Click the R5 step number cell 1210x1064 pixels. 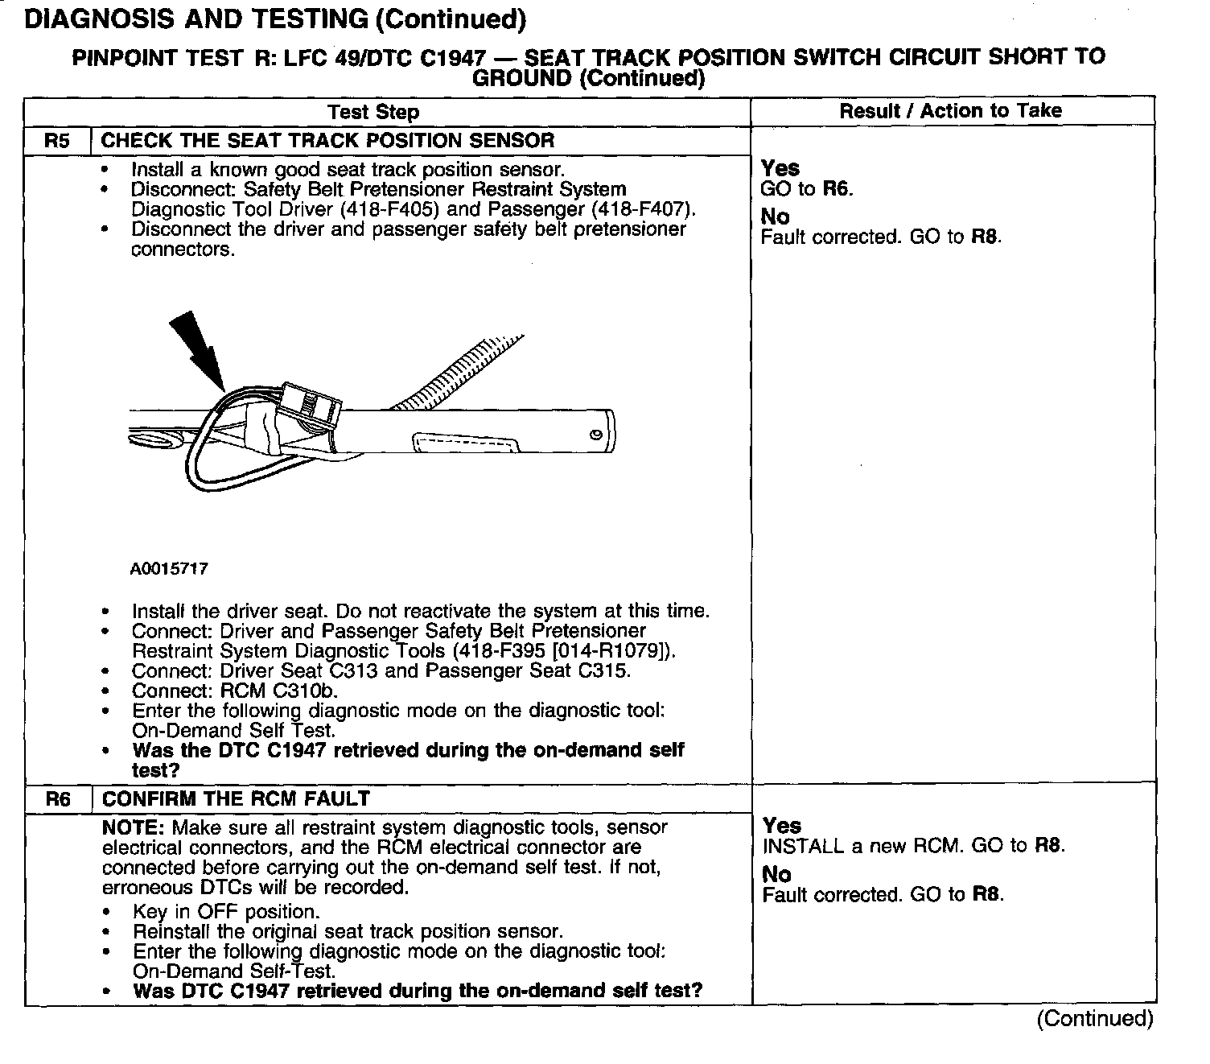[57, 141]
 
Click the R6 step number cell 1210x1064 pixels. [57, 799]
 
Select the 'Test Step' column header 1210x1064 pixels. [373, 112]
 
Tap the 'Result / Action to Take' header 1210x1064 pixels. [950, 111]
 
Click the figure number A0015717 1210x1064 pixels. [169, 569]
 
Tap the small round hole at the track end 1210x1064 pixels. [595, 435]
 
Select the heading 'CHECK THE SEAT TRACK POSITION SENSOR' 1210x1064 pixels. [327, 141]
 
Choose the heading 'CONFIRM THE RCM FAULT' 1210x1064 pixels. [236, 799]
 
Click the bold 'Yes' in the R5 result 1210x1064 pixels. [780, 168]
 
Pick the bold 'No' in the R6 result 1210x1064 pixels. [776, 875]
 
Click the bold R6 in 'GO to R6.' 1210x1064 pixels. [837, 189]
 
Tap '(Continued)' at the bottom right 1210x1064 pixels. [1094, 1019]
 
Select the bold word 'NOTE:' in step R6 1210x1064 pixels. [134, 827]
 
